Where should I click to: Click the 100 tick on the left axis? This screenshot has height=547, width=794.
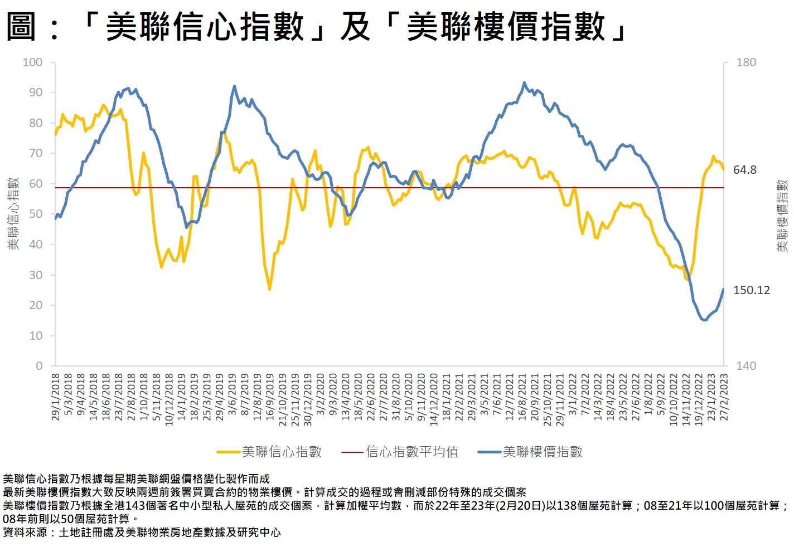32,62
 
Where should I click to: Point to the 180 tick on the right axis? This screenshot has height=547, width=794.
746,62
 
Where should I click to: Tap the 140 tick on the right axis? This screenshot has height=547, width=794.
746,366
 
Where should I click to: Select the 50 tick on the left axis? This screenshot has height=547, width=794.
36,214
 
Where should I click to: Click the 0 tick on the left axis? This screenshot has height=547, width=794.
39,366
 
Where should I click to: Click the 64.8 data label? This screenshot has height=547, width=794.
744,170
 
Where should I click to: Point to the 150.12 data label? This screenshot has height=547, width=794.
751,290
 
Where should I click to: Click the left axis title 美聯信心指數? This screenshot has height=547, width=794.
13,214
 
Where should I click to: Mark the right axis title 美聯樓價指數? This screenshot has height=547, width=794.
782,215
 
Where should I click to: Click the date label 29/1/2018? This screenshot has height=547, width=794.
55,397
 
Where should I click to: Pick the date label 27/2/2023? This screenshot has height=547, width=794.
724,397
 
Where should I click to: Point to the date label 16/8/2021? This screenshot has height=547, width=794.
522,397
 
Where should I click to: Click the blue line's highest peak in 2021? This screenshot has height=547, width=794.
524,83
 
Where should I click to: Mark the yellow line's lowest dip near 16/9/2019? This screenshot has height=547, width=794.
270,290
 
